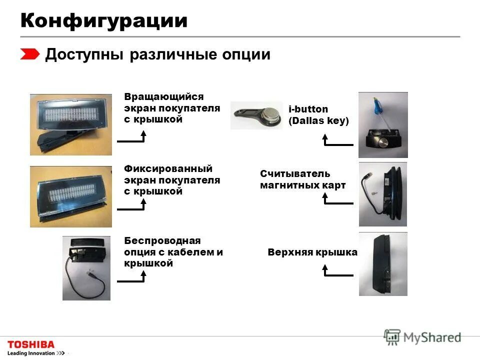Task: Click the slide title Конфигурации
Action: (x=104, y=20)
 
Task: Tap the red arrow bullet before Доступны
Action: (x=30, y=54)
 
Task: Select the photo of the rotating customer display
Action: (x=71, y=124)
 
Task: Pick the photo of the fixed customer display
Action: (x=71, y=196)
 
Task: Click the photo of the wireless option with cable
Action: (x=86, y=268)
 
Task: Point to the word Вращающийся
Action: (x=164, y=96)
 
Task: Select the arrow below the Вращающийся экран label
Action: (x=132, y=137)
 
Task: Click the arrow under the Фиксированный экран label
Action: (x=132, y=205)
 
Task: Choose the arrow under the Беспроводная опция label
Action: (x=132, y=277)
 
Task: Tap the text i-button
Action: (x=308, y=109)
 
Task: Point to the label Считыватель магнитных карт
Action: (x=302, y=179)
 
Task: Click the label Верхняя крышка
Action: (x=312, y=252)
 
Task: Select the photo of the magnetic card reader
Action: (x=383, y=194)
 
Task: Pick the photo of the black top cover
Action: (x=383, y=264)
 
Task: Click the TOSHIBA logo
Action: (x=31, y=344)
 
